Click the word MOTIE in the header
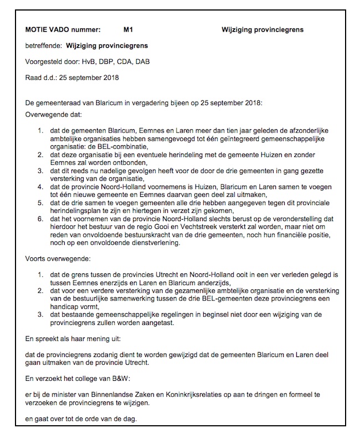coord(37,29)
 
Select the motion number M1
coord(128,29)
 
